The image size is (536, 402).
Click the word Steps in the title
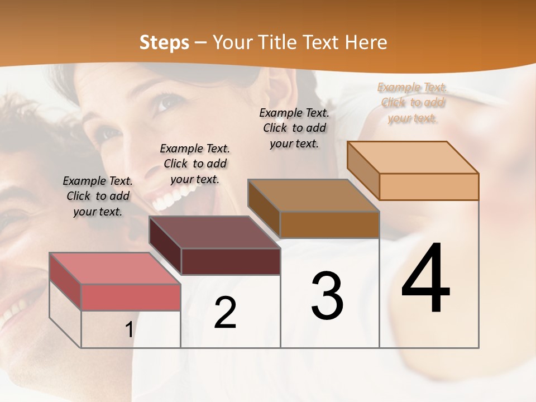click(164, 42)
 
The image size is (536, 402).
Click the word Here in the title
click(366, 42)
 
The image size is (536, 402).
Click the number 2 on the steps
click(225, 313)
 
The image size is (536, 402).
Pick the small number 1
click(129, 330)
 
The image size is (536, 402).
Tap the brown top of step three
click(313, 195)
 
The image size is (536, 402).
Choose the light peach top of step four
click(413, 157)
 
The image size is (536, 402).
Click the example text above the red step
click(98, 196)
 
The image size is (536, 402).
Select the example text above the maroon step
click(195, 164)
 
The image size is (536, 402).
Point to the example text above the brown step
click(294, 128)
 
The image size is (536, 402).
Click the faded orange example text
click(413, 103)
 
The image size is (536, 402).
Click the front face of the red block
click(131, 297)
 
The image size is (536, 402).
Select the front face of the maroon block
click(231, 261)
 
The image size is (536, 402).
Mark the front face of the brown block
click(329, 224)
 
